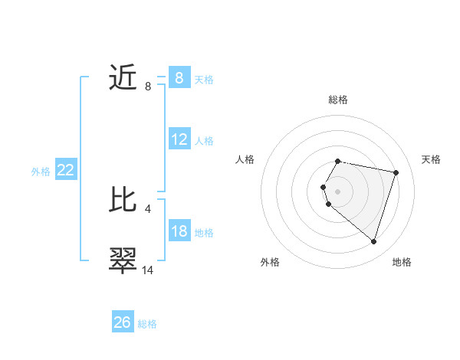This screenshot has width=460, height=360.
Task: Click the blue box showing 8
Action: tap(179, 77)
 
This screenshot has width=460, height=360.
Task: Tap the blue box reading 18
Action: tap(179, 231)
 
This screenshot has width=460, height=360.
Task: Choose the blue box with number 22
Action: tap(66, 170)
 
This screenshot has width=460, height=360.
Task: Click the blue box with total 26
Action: tap(123, 322)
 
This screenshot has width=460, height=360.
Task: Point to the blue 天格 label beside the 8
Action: tap(204, 80)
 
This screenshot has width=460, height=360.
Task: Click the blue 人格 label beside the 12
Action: tap(204, 141)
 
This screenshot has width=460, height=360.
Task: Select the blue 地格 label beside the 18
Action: tap(204, 233)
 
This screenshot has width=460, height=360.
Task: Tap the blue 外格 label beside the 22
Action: tap(41, 172)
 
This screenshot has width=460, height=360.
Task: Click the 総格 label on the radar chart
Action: tap(338, 100)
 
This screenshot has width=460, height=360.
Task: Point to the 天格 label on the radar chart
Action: tap(432, 159)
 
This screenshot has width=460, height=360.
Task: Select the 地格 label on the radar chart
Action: tap(402, 262)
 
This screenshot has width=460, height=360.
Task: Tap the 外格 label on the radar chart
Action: tap(270, 262)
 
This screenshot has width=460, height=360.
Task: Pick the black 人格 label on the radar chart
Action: tap(245, 159)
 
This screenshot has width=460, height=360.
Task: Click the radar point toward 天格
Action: tap(396, 172)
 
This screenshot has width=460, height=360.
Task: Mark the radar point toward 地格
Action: tap(373, 241)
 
